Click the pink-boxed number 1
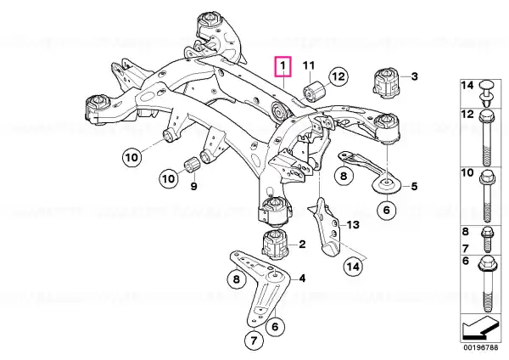click(283, 66)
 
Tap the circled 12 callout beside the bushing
click(338, 76)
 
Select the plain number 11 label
click(309, 66)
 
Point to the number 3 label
click(415, 76)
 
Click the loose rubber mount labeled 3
click(387, 82)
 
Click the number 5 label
click(415, 187)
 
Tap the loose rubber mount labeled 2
click(275, 245)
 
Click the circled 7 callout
click(254, 340)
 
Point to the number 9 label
click(193, 187)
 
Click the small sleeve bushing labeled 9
click(193, 166)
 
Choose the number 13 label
click(353, 224)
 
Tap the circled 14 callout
click(353, 267)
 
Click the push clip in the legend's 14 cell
click(486, 93)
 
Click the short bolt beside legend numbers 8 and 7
click(487, 239)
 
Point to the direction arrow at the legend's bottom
click(480, 328)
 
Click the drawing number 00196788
click(480, 347)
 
